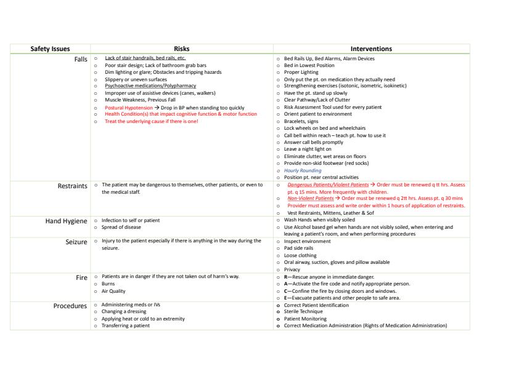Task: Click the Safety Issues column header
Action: [x=51, y=49]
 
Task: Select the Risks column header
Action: [x=181, y=49]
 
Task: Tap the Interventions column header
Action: [x=371, y=49]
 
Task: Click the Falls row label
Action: [x=80, y=59]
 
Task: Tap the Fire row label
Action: [x=81, y=277]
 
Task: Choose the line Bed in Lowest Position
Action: [x=309, y=65]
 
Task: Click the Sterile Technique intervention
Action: [x=305, y=312]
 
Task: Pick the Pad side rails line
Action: [x=299, y=248]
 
